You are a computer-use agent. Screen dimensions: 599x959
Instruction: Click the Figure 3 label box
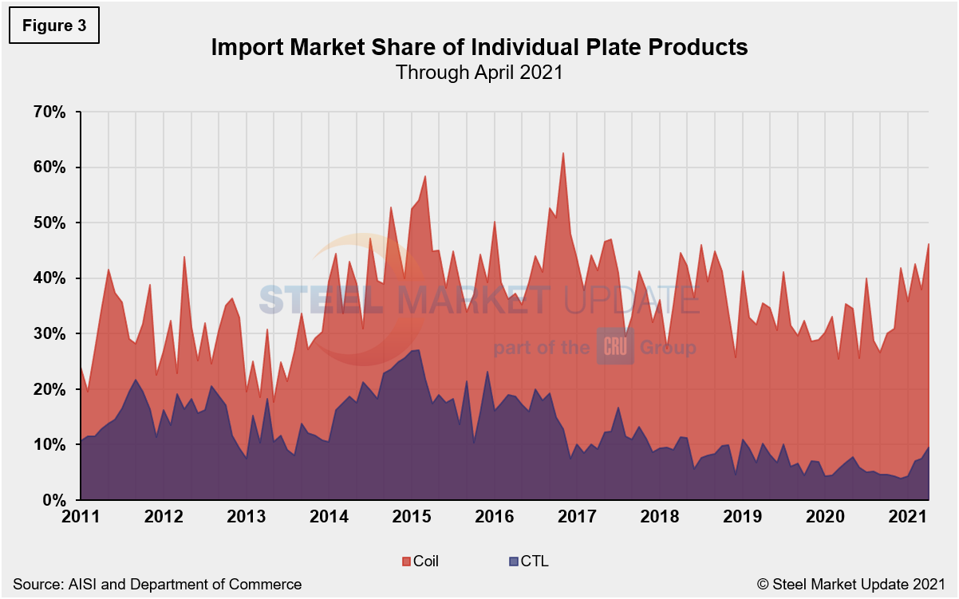[53, 24]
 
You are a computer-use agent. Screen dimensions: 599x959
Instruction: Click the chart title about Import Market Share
[479, 48]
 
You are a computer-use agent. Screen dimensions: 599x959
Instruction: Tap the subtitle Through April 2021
[479, 73]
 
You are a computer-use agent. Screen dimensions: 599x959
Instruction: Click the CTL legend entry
[527, 562]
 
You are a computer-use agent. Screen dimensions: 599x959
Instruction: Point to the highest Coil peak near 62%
[563, 153]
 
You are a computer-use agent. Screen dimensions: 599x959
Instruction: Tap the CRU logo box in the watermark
[615, 347]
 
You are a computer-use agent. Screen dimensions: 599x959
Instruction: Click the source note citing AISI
[156, 585]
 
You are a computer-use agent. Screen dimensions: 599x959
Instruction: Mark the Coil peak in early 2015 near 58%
[425, 176]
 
